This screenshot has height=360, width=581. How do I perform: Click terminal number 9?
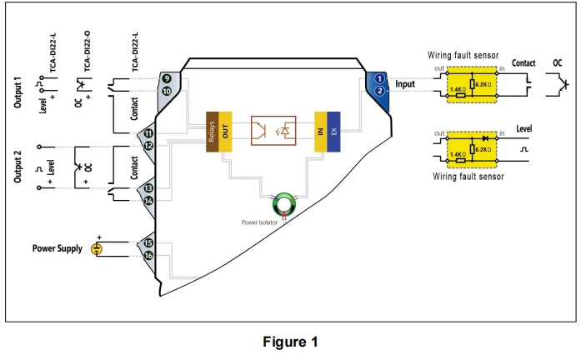click(x=167, y=78)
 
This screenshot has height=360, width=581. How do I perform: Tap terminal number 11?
click(x=148, y=133)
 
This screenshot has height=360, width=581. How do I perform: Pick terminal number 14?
click(x=148, y=201)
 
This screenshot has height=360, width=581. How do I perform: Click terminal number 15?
click(x=148, y=242)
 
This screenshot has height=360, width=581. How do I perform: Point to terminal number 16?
click(x=148, y=256)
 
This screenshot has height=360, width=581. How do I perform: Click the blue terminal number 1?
click(x=380, y=78)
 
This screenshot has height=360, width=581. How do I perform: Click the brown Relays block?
click(x=213, y=132)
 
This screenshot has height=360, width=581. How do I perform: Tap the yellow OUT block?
click(x=225, y=132)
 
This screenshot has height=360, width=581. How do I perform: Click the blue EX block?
click(x=333, y=132)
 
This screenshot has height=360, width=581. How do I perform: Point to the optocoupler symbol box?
click(x=273, y=132)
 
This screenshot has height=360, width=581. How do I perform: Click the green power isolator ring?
click(x=284, y=202)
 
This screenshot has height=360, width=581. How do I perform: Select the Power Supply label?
click(x=58, y=248)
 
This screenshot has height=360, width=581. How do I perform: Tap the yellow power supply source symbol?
click(x=97, y=248)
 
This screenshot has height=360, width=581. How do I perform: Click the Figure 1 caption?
click(x=290, y=342)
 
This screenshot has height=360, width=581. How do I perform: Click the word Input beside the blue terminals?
click(x=405, y=84)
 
